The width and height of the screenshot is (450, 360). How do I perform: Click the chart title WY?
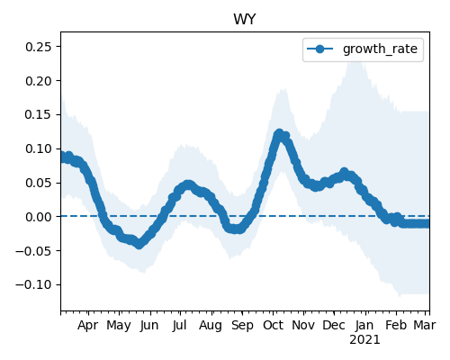(245, 20)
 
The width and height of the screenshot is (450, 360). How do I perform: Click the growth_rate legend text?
(380, 49)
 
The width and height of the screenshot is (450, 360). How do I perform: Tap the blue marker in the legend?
(320, 49)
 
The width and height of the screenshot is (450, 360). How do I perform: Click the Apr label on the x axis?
(87, 326)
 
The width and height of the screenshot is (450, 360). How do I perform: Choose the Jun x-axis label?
(149, 326)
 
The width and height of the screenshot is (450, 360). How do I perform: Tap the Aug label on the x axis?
(211, 326)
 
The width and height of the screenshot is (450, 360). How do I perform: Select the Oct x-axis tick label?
(273, 326)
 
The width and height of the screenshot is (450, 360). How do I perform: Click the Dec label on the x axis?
(334, 326)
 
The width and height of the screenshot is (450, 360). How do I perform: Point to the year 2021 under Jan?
(364, 340)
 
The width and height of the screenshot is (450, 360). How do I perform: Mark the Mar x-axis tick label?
(425, 326)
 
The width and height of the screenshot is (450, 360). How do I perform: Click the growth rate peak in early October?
(279, 133)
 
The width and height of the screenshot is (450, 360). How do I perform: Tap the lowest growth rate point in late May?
(139, 244)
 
